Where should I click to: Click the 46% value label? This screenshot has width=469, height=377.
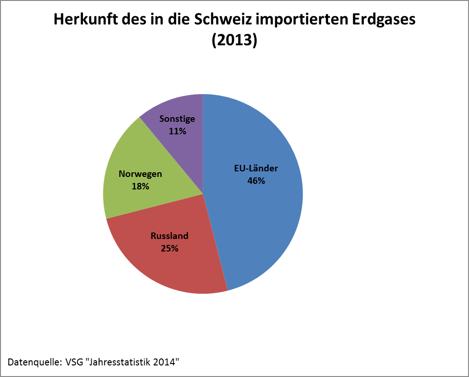(x=256, y=181)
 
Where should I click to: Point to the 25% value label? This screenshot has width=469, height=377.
(x=170, y=248)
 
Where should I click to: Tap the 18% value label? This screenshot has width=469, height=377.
(x=140, y=186)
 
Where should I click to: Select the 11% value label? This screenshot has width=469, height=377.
(x=177, y=131)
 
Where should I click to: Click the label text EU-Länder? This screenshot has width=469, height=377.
(x=256, y=169)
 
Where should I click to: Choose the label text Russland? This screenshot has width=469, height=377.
(x=170, y=236)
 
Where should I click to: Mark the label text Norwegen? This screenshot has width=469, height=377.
(x=140, y=174)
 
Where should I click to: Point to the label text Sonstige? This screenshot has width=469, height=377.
(x=177, y=119)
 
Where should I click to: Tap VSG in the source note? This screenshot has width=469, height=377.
(x=74, y=361)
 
